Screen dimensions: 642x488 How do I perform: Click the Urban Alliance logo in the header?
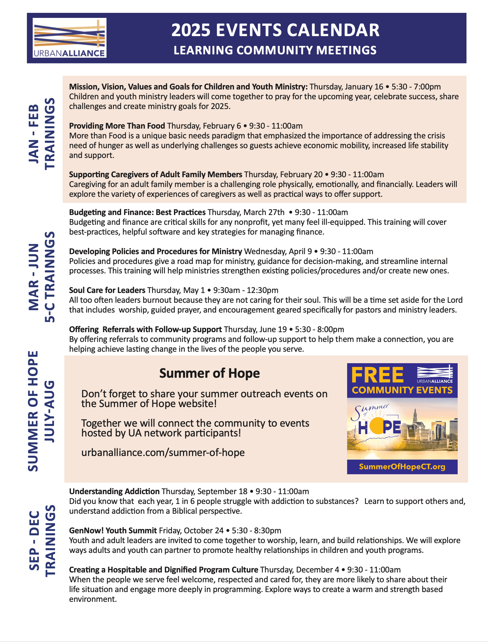[69, 38]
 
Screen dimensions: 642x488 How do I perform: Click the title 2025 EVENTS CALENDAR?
[275, 30]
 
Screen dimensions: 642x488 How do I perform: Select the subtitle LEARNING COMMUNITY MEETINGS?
[275, 50]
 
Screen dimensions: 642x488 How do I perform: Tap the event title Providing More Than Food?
[117, 126]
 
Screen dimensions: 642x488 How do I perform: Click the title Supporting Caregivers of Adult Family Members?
[155, 175]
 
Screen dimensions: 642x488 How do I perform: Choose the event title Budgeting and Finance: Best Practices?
[137, 212]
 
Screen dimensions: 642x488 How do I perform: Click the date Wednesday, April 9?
[278, 251]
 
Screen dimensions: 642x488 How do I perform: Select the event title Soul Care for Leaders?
[107, 290]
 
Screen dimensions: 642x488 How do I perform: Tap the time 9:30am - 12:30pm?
[246, 290]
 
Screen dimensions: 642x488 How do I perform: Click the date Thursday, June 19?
[255, 329]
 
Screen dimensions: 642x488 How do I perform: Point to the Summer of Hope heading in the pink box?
[209, 373]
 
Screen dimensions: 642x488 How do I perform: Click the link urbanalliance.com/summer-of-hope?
[163, 452]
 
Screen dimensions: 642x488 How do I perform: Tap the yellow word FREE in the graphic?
[377, 375]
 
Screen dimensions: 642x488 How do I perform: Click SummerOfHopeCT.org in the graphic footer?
[402, 467]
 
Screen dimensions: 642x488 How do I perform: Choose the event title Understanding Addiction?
[114, 491]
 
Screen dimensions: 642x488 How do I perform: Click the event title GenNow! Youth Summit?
[113, 531]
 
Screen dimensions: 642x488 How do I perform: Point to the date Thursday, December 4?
[300, 570]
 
